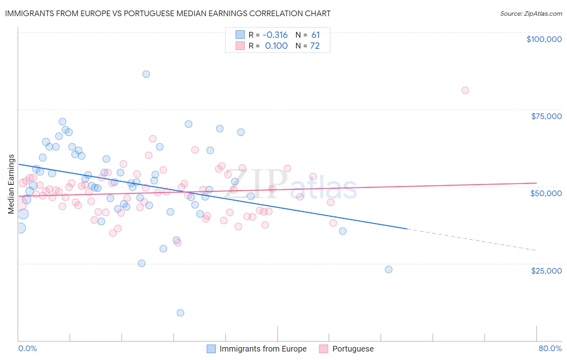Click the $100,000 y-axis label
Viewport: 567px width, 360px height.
click(x=544, y=39)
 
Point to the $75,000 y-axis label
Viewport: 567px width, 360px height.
click(x=546, y=116)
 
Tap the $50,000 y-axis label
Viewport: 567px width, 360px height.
click(x=546, y=193)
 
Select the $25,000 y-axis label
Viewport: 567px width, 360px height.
click(x=546, y=271)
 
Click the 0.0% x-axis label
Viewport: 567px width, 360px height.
click(x=27, y=348)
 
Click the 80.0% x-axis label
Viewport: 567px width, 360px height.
click(x=550, y=348)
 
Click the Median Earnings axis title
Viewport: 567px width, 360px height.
click(x=11, y=184)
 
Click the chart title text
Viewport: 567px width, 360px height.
click(x=168, y=13)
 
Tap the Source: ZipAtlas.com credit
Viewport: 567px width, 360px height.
click(x=531, y=13)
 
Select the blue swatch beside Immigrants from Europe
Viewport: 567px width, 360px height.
click(x=211, y=349)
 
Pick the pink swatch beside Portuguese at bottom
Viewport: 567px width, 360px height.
click(x=323, y=349)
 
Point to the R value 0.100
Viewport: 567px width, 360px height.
click(x=276, y=46)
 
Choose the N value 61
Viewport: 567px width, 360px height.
click(x=315, y=35)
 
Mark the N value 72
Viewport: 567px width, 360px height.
click(x=315, y=46)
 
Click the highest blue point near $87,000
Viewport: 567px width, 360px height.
click(x=146, y=74)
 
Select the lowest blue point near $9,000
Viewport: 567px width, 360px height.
click(x=180, y=313)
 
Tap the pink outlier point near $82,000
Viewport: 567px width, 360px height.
click(x=465, y=90)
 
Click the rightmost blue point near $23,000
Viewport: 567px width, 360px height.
click(x=388, y=269)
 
